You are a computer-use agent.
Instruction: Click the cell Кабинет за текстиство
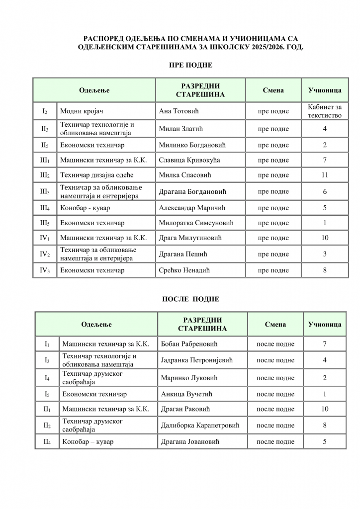(x=325, y=111)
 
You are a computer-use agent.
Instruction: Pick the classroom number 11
(x=325, y=175)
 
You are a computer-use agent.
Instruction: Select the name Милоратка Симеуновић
(x=195, y=223)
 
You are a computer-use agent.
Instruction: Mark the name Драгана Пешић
(x=182, y=254)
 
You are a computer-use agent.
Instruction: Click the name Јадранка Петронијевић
(x=197, y=360)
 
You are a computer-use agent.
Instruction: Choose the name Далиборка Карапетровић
(x=200, y=425)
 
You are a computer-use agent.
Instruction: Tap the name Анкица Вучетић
(x=186, y=394)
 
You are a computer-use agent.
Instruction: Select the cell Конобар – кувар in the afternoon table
(x=88, y=441)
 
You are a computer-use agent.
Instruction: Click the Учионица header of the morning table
(x=325, y=90)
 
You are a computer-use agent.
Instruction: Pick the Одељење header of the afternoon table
(x=96, y=324)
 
